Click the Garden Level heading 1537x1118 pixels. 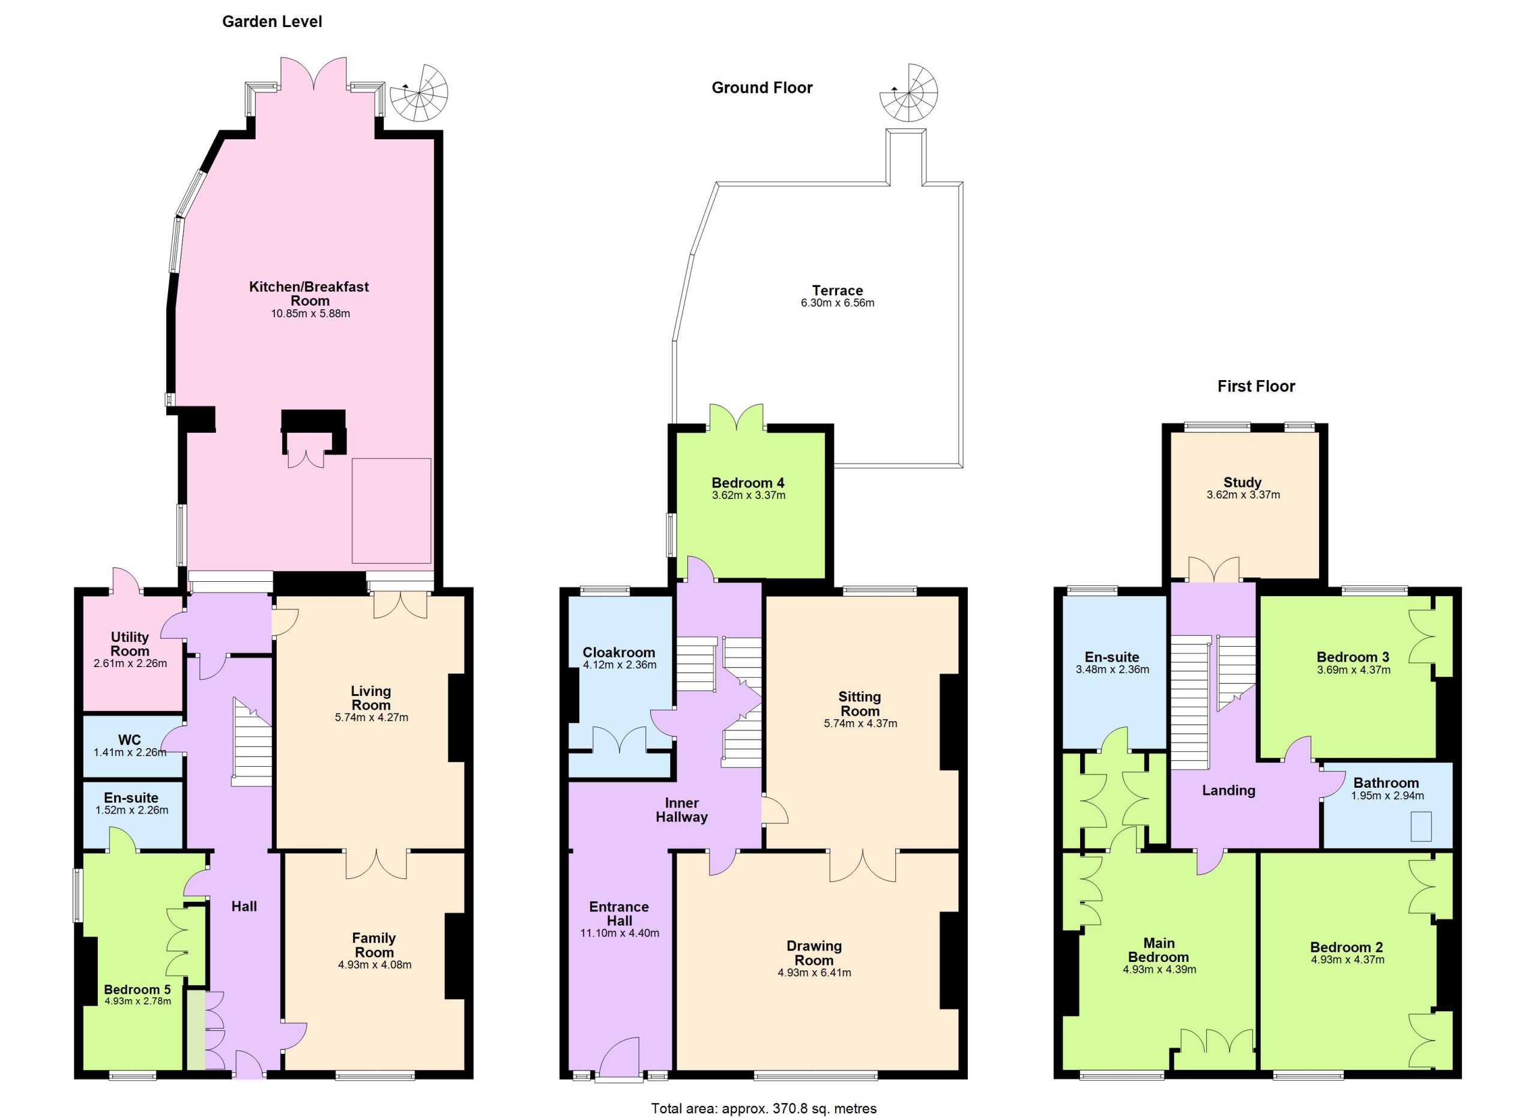(x=272, y=22)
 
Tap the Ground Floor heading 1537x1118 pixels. (x=762, y=88)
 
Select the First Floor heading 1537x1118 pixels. (x=1256, y=386)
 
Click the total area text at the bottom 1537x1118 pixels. (x=764, y=1108)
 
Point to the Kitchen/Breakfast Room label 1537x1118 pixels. (x=309, y=294)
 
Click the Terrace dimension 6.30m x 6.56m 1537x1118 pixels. (x=838, y=303)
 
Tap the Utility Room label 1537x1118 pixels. (x=130, y=644)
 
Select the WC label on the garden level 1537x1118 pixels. (x=130, y=740)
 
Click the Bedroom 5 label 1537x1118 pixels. (x=137, y=990)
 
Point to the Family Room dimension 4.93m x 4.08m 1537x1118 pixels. (x=375, y=965)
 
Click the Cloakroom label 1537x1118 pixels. (x=619, y=653)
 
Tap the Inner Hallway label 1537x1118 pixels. (x=682, y=810)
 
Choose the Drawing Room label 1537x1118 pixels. (x=815, y=953)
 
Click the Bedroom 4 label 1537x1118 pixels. (x=748, y=483)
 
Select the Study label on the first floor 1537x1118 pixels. (x=1242, y=482)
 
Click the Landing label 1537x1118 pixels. (x=1228, y=790)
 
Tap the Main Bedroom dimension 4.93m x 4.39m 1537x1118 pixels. (x=1159, y=970)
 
